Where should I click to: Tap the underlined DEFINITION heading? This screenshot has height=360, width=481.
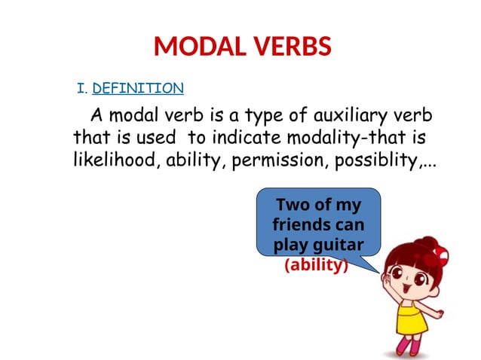138,89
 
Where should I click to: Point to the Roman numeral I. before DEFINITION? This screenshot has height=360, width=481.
83,89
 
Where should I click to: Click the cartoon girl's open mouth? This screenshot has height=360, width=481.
406,288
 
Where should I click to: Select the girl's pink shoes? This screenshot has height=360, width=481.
412,347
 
